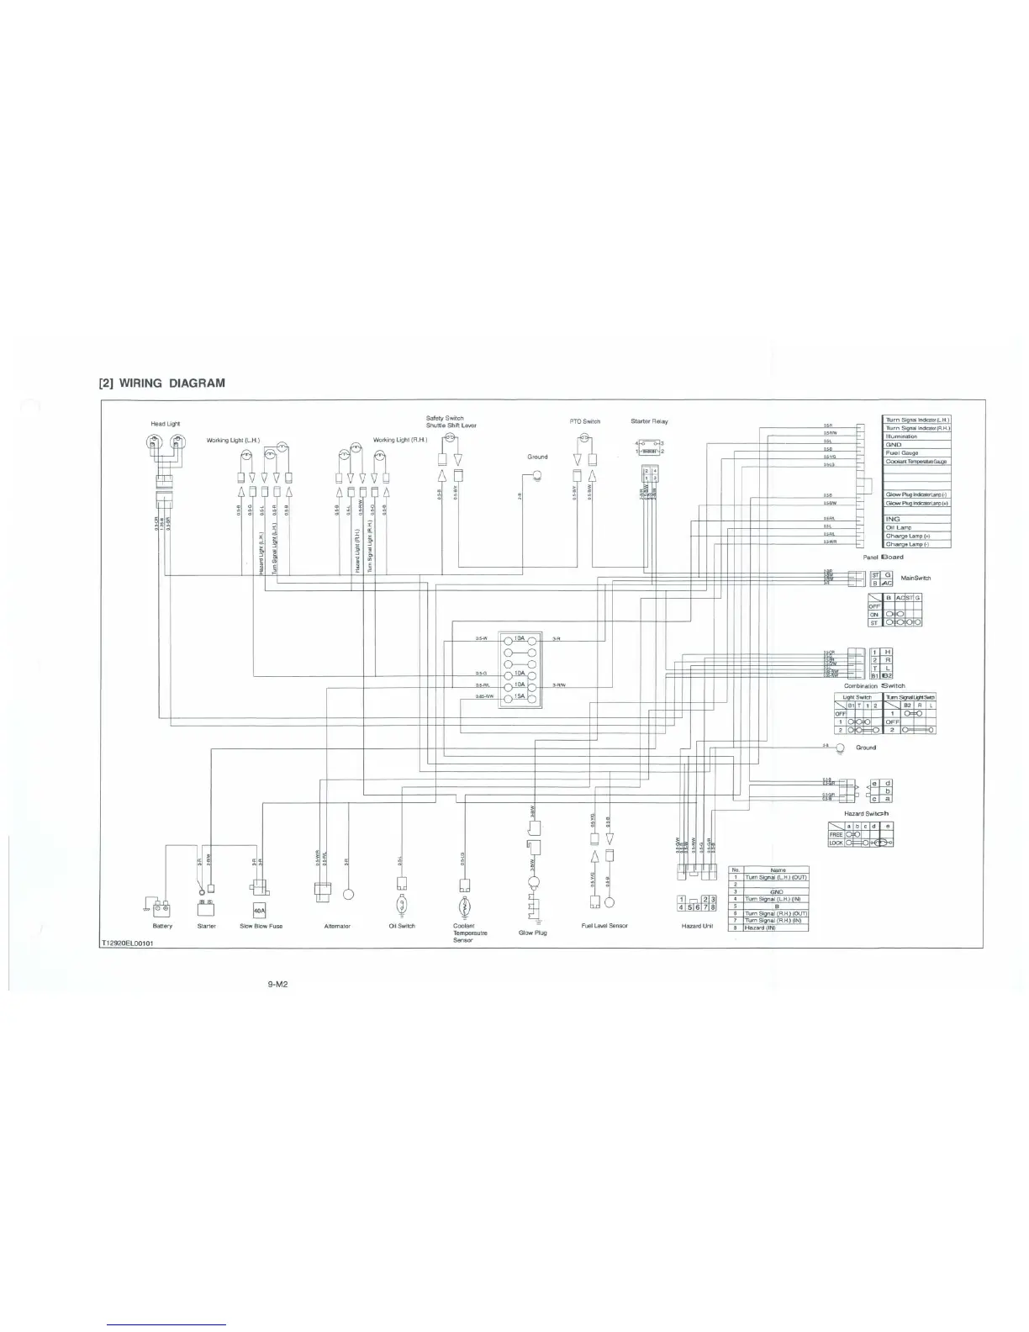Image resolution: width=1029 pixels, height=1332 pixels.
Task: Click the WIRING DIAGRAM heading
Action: (162, 383)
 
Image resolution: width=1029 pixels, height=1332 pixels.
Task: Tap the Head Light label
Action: (165, 424)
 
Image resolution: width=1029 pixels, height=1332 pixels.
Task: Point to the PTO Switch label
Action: (585, 421)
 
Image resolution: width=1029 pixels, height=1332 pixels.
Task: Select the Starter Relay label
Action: (649, 421)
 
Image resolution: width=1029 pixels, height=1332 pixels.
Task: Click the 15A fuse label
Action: (520, 696)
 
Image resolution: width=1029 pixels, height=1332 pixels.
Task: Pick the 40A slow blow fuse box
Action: (260, 910)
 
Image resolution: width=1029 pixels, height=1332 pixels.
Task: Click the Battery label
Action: (162, 926)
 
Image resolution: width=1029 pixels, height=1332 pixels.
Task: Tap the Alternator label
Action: (337, 926)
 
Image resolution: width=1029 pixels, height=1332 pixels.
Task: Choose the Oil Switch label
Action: (402, 926)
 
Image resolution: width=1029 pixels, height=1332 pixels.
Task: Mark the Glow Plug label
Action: (533, 933)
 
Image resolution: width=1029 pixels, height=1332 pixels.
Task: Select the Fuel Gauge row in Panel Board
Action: (902, 453)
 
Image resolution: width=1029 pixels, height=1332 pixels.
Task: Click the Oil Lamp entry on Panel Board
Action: (899, 527)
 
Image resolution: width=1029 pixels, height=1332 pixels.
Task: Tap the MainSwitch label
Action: (916, 578)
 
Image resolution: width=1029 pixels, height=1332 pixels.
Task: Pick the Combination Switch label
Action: (874, 685)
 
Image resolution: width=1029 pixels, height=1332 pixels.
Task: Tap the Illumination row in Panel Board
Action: (902, 436)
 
